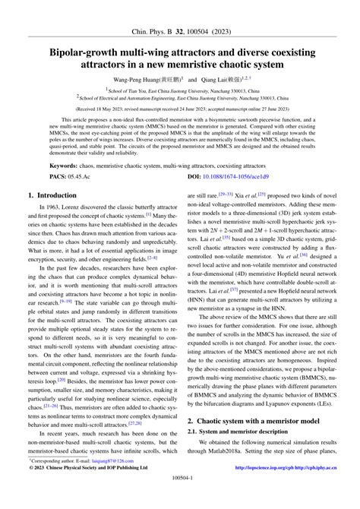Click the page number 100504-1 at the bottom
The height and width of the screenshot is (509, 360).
point(179,498)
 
